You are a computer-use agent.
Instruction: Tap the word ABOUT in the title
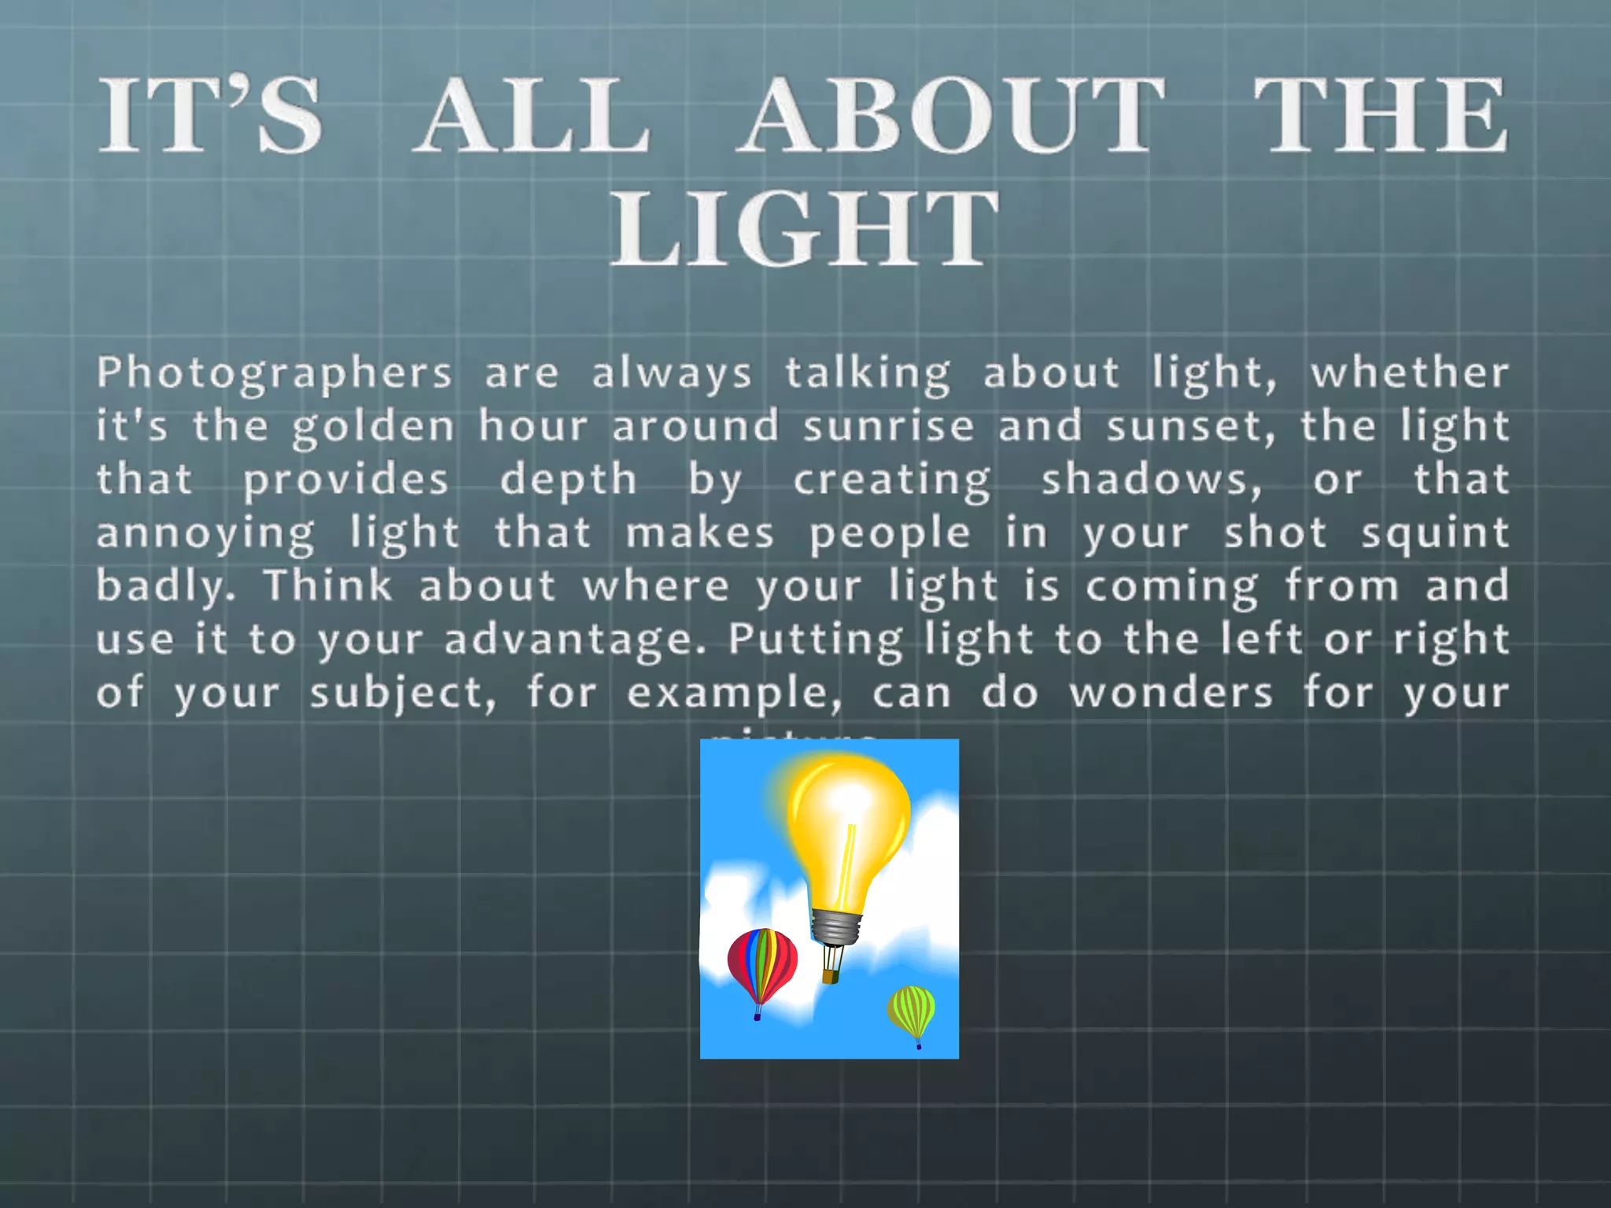952,116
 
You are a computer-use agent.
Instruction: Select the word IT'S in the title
210,116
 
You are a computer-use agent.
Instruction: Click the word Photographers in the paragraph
275,374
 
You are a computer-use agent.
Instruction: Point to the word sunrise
889,426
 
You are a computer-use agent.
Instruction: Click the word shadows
1152,480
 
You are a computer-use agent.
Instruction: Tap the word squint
1435,534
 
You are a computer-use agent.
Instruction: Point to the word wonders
1170,693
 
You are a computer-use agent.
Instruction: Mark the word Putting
815,640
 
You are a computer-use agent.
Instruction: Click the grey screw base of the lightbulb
835,928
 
